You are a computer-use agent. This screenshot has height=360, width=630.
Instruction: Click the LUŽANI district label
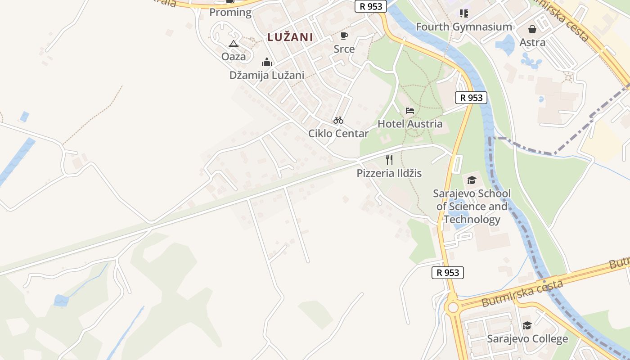[290, 37]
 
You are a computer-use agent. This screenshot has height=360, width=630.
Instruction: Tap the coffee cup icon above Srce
[344, 36]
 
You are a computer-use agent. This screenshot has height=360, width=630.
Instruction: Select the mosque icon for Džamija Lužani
[267, 62]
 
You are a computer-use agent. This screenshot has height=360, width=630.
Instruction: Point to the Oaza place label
[234, 56]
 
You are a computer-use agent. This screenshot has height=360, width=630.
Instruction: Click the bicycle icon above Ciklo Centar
[338, 120]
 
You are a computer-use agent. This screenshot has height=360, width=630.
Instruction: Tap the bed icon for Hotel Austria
[409, 110]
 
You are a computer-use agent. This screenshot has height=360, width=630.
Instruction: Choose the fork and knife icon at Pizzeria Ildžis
[389, 159]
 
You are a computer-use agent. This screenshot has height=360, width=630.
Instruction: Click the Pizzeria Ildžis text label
[389, 173]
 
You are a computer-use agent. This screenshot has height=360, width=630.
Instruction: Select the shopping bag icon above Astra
[532, 29]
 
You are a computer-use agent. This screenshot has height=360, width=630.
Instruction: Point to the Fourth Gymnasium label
[464, 27]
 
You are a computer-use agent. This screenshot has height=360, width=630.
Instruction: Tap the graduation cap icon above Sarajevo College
[527, 325]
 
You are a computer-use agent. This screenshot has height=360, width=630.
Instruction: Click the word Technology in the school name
[472, 220]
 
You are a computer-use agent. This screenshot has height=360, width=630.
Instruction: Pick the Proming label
[230, 12]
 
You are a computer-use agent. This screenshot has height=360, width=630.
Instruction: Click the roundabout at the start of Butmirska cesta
[453, 307]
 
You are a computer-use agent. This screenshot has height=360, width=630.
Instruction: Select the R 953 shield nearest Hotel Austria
[471, 98]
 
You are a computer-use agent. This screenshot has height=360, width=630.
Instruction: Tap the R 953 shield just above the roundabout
[448, 272]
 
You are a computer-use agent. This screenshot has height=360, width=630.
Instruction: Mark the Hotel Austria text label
[410, 124]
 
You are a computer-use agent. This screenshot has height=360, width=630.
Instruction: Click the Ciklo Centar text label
[338, 133]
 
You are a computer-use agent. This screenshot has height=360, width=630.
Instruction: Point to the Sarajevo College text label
[527, 339]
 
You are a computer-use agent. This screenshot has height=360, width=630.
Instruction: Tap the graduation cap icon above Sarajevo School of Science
[472, 180]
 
